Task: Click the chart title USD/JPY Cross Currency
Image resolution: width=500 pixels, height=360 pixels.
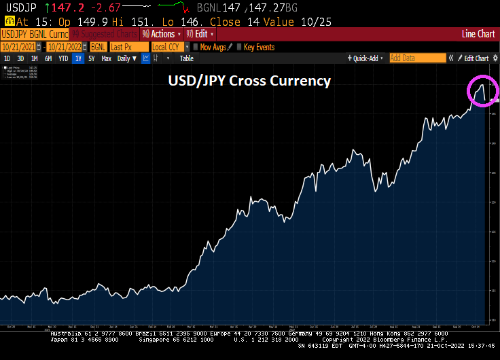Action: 249,81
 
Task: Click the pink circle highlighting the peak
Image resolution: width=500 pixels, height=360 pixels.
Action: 482,91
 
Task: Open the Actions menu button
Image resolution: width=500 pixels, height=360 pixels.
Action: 162,33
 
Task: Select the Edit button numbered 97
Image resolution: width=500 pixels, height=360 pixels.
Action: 200,33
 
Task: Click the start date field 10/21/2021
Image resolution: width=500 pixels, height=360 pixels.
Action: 18,47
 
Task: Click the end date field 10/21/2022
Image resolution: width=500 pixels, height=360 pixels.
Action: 67,47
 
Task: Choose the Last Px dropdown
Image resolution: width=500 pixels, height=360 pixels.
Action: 128,47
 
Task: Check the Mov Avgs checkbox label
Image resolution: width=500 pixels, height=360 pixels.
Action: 213,47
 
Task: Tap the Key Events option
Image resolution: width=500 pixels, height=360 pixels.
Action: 259,47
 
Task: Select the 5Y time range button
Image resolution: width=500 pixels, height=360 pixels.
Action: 91,58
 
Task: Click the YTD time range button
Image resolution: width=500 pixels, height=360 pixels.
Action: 63,58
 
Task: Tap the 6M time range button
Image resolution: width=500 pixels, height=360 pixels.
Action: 48,58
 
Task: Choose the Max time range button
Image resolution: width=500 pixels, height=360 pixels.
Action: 106,58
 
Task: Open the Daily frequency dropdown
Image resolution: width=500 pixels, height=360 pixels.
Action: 126,58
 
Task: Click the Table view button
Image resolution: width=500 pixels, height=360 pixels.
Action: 186,58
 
